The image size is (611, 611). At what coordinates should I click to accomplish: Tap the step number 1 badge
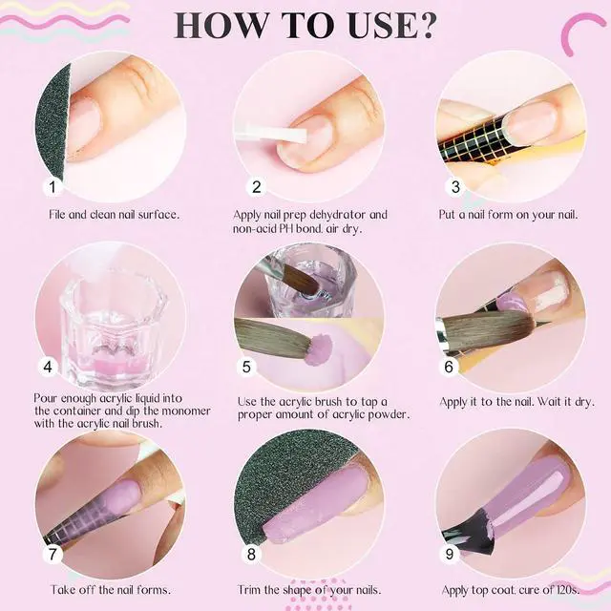pos(53,187)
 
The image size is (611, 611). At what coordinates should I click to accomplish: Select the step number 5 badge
pos(246,367)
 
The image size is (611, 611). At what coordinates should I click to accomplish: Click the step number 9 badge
pos(450,554)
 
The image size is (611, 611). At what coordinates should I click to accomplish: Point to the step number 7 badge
pos(53,554)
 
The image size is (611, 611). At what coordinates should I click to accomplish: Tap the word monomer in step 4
pos(186,411)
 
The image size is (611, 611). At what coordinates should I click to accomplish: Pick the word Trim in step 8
pos(249,590)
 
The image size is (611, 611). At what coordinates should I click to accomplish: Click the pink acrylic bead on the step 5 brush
pos(319,349)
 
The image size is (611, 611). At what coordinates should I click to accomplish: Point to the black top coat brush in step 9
pos(469,533)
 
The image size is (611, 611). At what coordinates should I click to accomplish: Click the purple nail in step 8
pos(316,503)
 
